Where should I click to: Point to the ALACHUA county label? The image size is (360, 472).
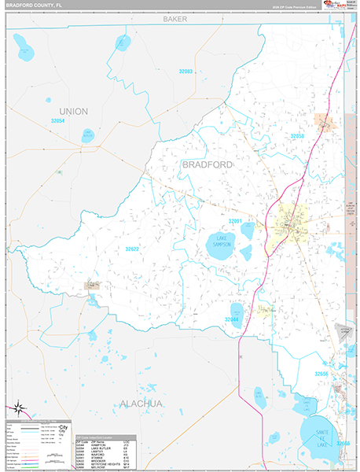(141, 404)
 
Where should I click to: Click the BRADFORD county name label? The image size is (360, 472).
(207, 164)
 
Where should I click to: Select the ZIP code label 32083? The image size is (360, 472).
(185, 72)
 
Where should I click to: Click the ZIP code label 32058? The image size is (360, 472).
(297, 136)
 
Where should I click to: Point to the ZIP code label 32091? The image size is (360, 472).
(236, 221)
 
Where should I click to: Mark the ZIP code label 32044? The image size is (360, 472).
(232, 319)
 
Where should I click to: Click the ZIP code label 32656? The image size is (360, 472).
(322, 374)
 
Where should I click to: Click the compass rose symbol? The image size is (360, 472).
(17, 408)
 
